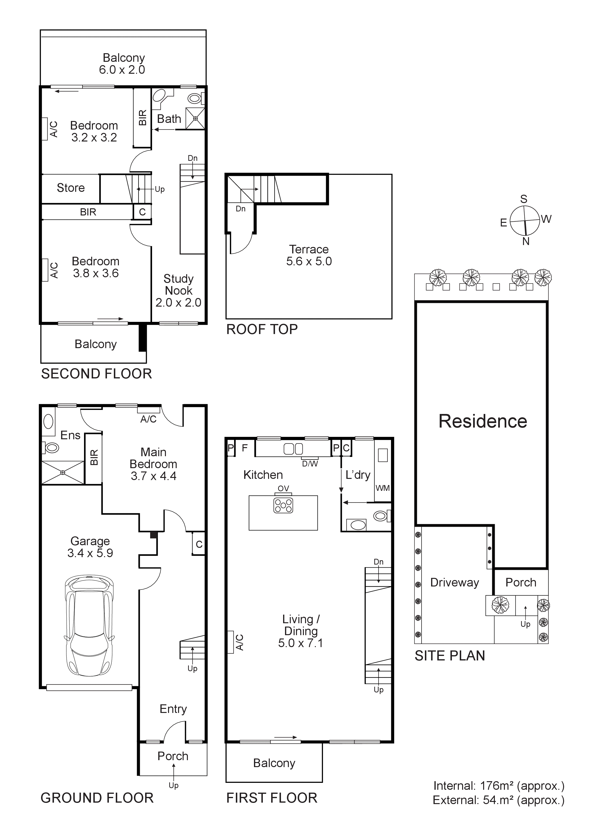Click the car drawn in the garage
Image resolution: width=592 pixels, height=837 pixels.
point(89,625)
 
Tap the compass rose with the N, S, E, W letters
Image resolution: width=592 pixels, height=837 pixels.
point(524,220)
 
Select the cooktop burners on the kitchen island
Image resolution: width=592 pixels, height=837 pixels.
point(283,505)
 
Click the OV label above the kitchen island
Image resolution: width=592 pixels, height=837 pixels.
point(283,488)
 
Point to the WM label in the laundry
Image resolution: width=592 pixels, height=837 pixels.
point(382,488)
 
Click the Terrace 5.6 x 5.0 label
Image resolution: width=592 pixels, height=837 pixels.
point(309,255)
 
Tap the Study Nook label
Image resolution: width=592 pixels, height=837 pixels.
point(178,291)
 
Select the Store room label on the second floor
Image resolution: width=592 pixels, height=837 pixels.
point(70,188)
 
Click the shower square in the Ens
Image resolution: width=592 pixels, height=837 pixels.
point(63,472)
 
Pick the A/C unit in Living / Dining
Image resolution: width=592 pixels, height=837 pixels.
point(231,642)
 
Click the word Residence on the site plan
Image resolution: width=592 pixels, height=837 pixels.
point(483,421)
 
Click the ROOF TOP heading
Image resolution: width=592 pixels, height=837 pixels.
point(262,330)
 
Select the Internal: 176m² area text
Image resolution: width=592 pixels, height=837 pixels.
point(498,786)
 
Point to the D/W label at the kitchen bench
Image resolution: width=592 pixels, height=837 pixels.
point(310,464)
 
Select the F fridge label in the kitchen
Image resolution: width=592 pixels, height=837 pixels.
point(245,448)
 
